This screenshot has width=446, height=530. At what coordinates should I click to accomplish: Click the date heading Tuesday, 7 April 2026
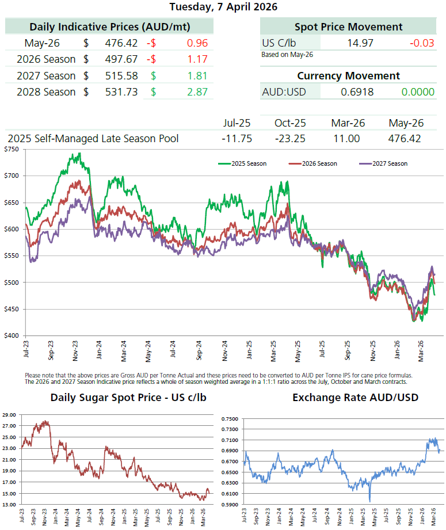click(223, 7)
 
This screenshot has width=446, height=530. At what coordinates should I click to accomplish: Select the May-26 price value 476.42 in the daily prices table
click(121, 43)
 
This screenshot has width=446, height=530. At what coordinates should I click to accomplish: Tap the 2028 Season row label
click(46, 92)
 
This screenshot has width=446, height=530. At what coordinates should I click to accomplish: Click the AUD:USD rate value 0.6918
click(357, 92)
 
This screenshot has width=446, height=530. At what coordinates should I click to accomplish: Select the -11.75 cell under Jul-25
click(237, 139)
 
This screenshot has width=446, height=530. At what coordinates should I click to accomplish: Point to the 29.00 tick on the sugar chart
click(9, 415)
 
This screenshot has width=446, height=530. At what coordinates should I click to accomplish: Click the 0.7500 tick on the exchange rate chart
click(230, 419)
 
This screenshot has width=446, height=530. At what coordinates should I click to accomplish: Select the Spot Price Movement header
click(348, 26)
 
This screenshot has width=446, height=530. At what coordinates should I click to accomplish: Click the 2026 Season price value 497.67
click(121, 59)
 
